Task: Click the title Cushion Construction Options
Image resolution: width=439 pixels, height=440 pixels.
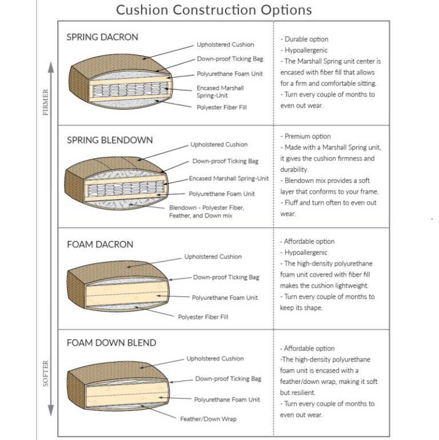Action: pos(214,10)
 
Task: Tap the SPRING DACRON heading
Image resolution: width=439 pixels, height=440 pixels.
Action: pos(102,37)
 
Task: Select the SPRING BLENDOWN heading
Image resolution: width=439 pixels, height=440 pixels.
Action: pos(110,140)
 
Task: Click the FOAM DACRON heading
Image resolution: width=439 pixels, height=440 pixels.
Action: pos(100,244)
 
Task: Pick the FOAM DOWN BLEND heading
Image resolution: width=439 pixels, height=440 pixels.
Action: pos(111,343)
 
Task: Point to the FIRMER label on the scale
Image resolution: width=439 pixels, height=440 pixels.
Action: pos(46,102)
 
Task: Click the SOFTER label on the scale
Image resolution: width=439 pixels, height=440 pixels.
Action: pos(46,372)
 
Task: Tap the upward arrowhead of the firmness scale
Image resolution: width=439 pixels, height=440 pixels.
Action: pos(51,66)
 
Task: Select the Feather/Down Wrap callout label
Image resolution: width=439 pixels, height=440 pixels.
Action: pos(208,419)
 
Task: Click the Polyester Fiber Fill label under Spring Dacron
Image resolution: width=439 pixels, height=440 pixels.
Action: pos(222,107)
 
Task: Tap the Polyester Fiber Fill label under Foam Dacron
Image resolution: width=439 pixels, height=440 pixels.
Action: pos(203,316)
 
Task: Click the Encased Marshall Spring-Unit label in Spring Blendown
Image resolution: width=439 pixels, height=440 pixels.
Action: pos(229,179)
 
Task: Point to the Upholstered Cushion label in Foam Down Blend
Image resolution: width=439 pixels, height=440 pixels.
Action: pos(215,359)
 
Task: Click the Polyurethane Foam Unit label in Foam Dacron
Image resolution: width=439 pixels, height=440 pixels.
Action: pos(225,298)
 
